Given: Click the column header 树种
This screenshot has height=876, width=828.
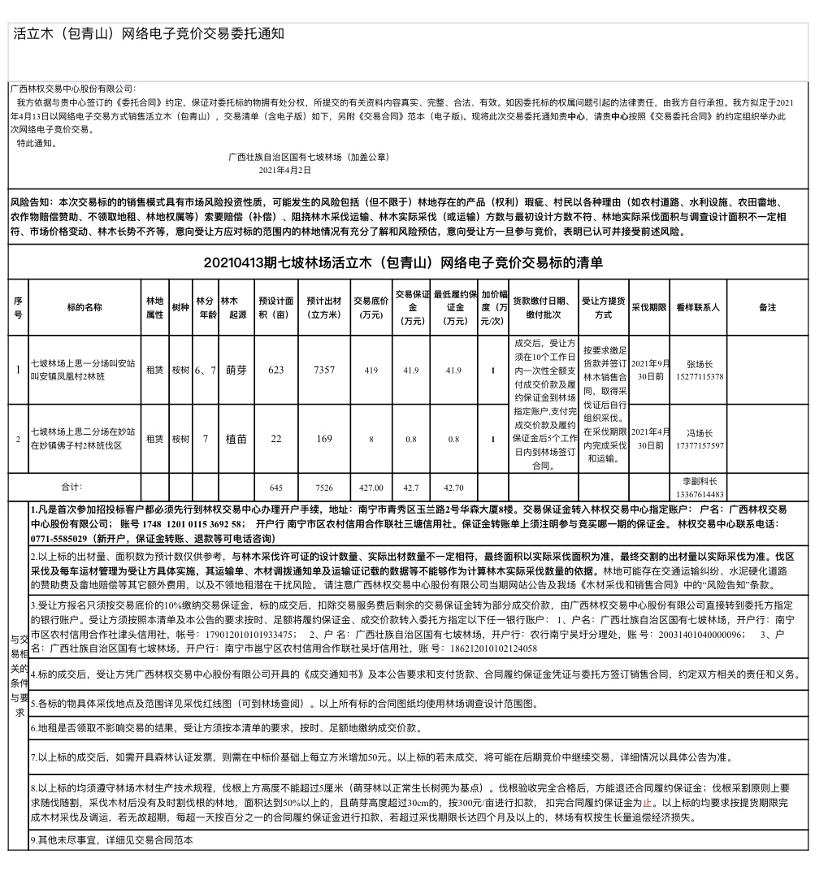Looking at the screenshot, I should coord(180,308).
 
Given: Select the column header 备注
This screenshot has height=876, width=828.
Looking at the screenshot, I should coord(767,308).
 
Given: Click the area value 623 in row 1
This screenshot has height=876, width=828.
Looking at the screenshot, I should coord(276,370).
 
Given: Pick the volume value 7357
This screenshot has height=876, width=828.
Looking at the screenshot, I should coord(324,370).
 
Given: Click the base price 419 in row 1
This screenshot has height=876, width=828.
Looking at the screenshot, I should coord(371,370).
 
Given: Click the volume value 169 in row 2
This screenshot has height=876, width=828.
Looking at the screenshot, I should coord(324,439).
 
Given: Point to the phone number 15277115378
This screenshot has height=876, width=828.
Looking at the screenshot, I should coord(700,376).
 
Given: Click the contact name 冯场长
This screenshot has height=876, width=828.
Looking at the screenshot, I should coord(700,433).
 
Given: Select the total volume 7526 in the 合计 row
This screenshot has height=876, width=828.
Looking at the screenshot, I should coord(324,488).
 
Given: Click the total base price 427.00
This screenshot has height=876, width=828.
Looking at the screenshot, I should coord(371,488).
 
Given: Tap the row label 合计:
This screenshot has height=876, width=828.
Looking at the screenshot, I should coord(72,487).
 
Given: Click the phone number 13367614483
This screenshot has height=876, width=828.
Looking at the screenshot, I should coord(700,493).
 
